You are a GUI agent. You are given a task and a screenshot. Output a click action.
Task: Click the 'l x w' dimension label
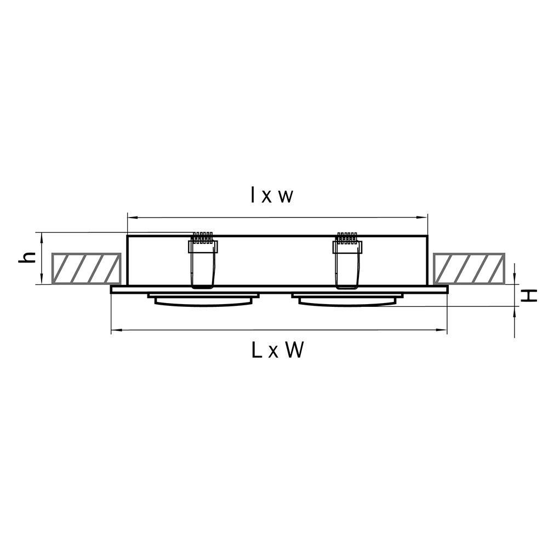(x=272, y=196)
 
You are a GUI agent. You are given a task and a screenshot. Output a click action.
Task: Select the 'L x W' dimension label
(x=277, y=350)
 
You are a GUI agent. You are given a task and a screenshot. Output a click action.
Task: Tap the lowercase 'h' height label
(x=27, y=257)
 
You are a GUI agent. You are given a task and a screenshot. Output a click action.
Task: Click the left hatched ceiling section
(x=86, y=269)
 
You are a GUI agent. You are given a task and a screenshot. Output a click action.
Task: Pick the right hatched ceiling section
(x=469, y=269)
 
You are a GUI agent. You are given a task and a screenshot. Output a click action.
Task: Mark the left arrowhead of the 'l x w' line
(x=130, y=218)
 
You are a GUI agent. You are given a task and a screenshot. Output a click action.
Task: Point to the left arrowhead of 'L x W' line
(x=115, y=330)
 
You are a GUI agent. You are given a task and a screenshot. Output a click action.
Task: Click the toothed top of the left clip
(x=202, y=237)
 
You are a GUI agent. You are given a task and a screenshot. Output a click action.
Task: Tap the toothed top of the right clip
(x=347, y=237)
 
